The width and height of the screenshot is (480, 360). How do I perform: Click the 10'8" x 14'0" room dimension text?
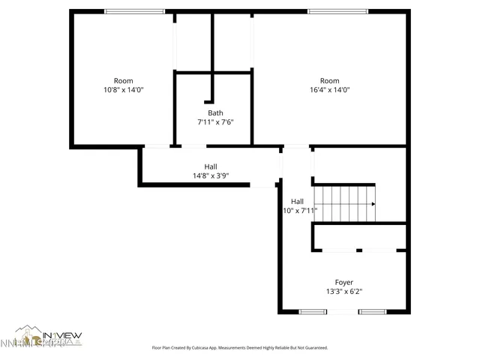(123, 90)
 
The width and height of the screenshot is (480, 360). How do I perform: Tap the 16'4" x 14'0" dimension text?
(329, 90)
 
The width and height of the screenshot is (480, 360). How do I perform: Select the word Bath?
(215, 113)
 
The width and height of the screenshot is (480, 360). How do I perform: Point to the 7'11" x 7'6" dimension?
(215, 122)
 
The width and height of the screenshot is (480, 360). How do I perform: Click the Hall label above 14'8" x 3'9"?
(211, 166)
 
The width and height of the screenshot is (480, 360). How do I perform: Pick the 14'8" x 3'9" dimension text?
(211, 176)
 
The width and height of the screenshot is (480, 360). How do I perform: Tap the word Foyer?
(343, 282)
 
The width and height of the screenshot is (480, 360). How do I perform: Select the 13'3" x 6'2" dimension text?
(343, 292)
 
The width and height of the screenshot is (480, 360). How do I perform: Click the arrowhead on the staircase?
(373, 203)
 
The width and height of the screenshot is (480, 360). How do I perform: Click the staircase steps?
(343, 203)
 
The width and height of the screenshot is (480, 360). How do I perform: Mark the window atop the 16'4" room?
(337, 10)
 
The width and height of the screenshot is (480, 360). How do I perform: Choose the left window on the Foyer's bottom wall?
(313, 311)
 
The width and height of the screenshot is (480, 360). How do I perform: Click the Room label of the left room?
(123, 81)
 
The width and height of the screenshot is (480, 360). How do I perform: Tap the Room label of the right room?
(329, 81)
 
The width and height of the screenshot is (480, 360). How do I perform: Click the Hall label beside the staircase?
(297, 201)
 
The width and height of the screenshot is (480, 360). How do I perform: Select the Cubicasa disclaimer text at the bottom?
(240, 348)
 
